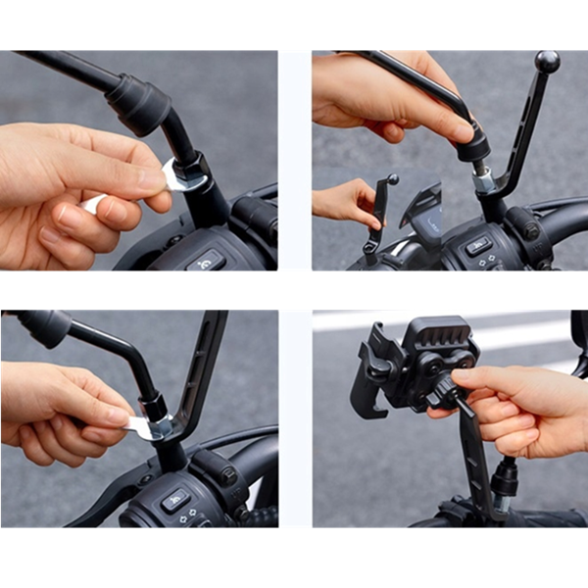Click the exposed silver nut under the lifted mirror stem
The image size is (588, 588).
[x=483, y=180]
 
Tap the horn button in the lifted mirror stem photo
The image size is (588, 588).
[x=478, y=246]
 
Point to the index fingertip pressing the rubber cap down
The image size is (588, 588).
[x=460, y=130]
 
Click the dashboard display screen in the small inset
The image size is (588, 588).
[x=421, y=214]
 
